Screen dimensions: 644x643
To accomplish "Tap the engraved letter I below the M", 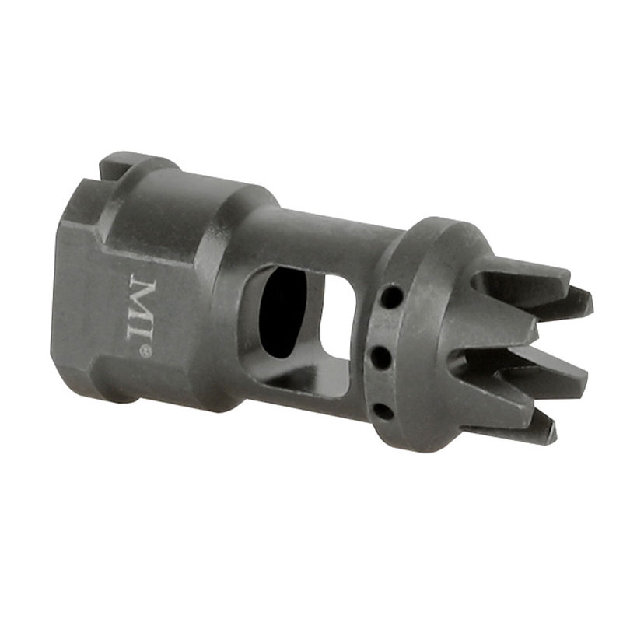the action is coord(142,332).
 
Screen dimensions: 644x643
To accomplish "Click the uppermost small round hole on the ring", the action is coord(391,295).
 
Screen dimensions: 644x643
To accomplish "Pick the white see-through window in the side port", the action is coord(336,317).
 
